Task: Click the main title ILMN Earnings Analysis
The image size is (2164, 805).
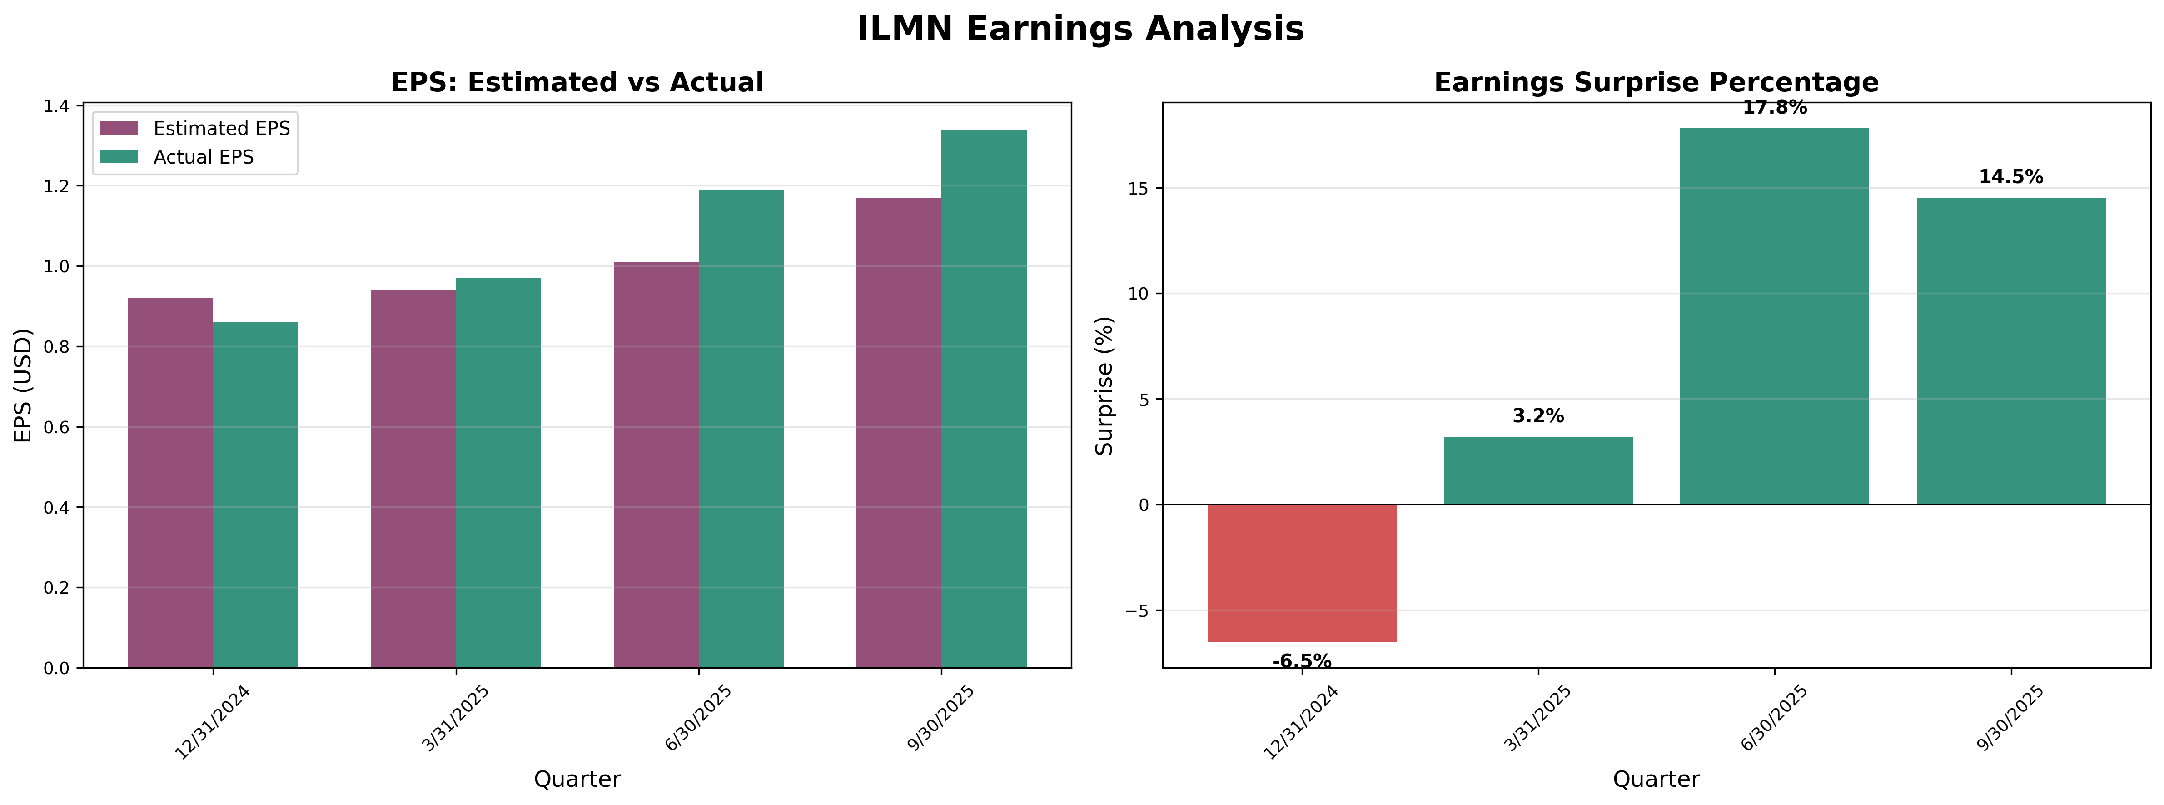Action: (1080, 30)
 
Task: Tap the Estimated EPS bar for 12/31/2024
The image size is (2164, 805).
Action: (170, 483)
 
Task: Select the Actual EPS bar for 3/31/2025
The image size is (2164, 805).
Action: (498, 473)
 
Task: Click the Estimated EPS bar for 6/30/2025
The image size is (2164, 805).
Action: (656, 465)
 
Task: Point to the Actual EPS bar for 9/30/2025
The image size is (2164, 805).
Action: (984, 399)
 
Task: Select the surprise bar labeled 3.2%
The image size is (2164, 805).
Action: (1538, 470)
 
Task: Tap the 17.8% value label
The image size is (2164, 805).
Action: (1774, 108)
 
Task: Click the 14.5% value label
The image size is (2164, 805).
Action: (2010, 177)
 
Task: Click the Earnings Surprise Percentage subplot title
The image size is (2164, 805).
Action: (1656, 82)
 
